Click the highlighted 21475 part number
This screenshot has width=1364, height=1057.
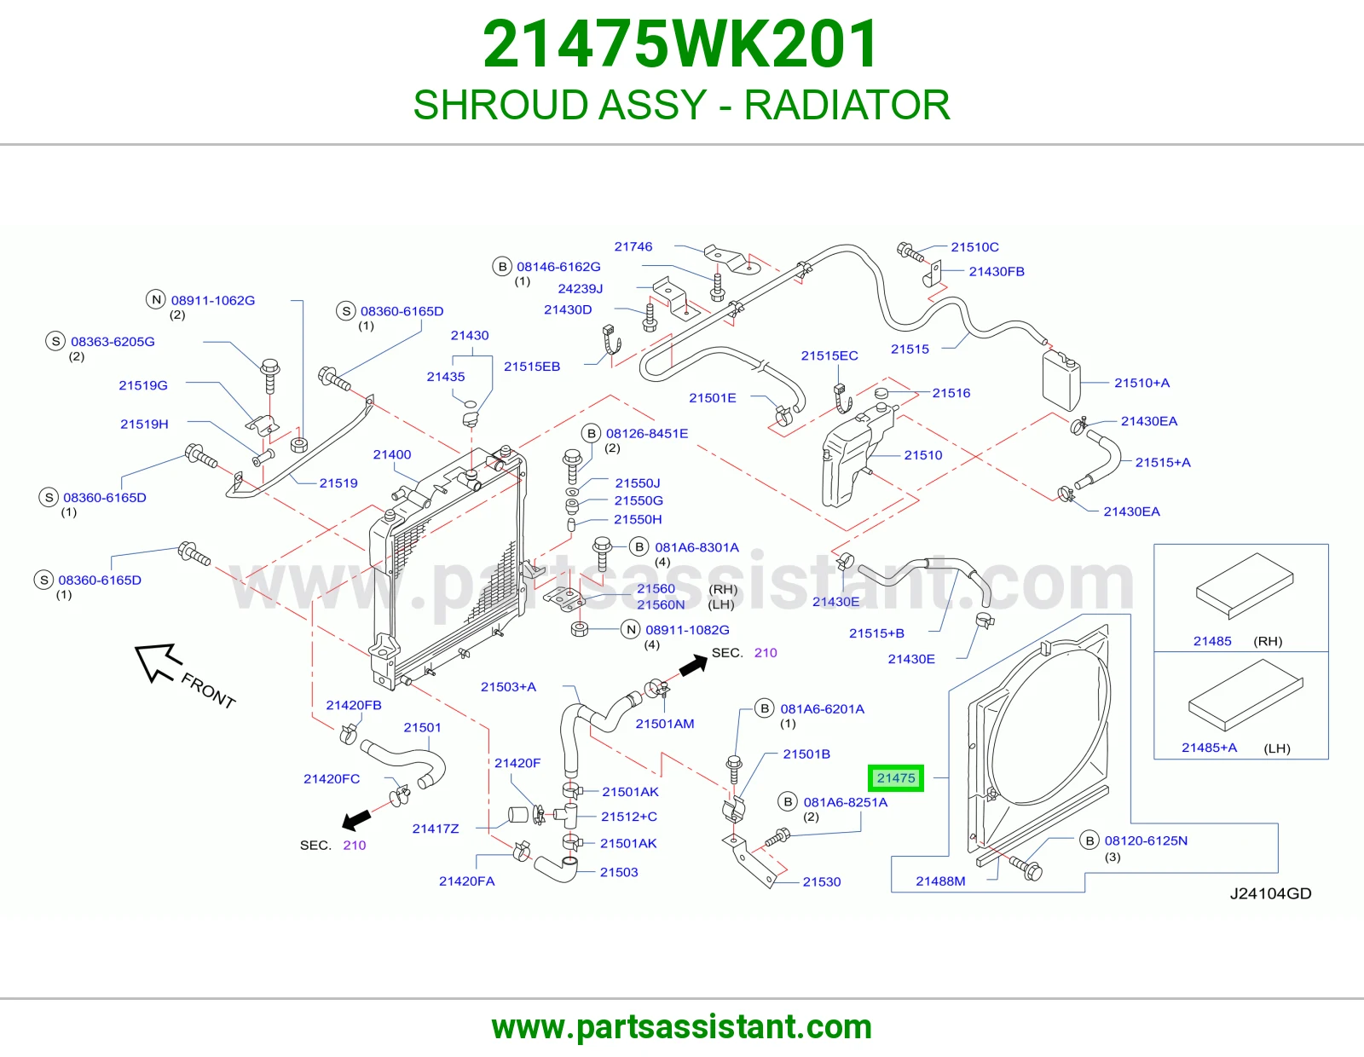coord(896,778)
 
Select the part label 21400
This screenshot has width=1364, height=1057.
coord(392,454)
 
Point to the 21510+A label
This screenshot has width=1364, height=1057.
coord(1141,383)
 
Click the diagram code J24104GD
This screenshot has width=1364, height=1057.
coord(1270,893)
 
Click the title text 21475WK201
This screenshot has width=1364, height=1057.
coord(681,44)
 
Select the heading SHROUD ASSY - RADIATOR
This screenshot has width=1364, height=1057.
coord(682,105)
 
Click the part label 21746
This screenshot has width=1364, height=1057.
coord(633,246)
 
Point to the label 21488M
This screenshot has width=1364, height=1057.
coord(940,881)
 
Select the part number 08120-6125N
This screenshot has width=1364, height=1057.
coord(1147,840)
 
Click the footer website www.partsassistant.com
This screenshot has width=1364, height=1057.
coord(682,1027)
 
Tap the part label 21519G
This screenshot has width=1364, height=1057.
coord(143,385)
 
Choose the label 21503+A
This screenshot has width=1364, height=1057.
coord(508,687)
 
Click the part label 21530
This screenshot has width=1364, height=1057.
coord(822,882)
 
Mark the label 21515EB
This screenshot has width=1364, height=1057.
coord(532,367)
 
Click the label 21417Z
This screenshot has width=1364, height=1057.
coord(436,829)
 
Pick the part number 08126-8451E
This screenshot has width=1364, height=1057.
coord(647,433)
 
